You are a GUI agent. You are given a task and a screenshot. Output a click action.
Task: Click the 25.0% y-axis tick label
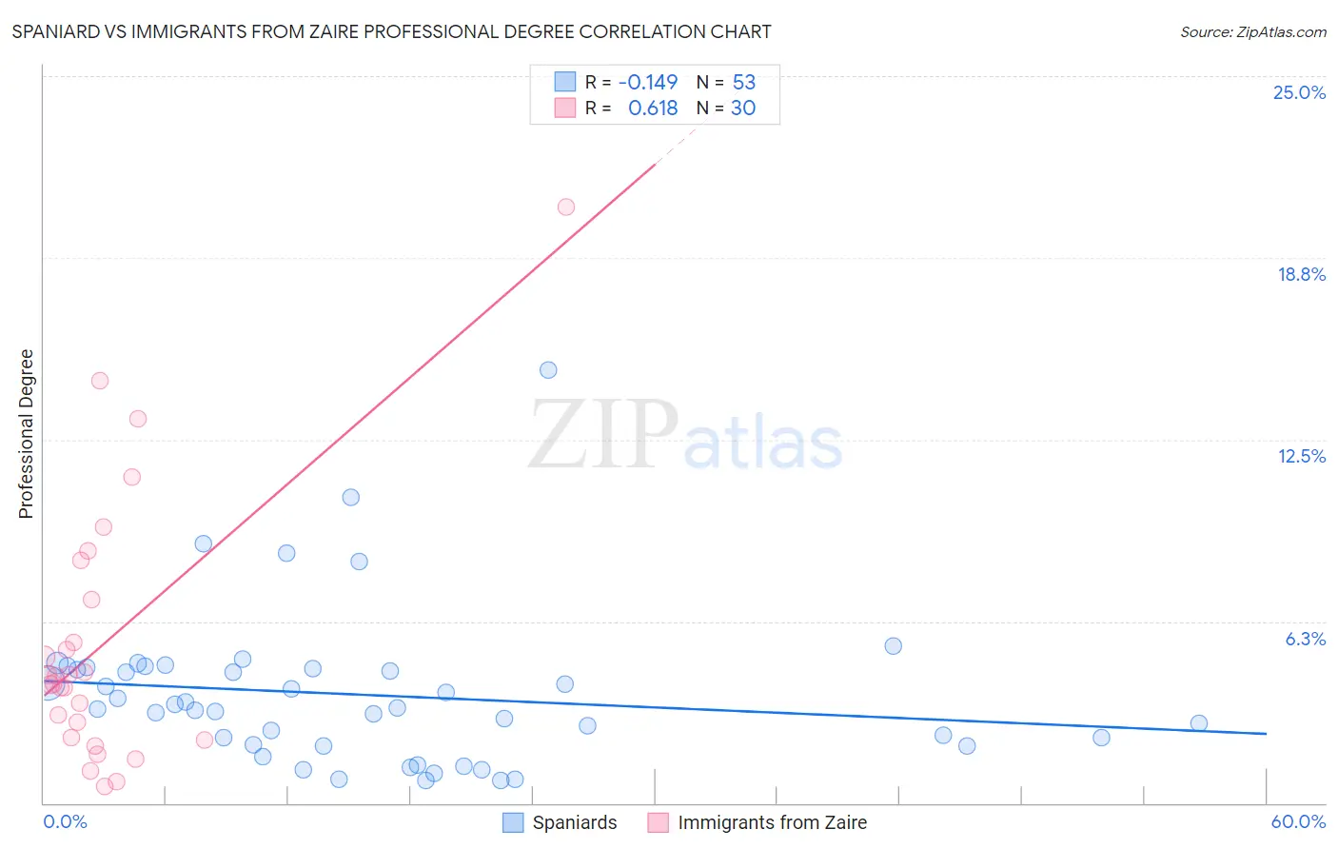point(1299,92)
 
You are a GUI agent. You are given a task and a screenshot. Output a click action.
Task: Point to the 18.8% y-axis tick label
point(1301,274)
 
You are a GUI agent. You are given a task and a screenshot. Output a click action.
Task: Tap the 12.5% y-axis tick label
point(1301,456)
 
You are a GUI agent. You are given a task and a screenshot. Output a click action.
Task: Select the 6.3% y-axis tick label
point(1305,639)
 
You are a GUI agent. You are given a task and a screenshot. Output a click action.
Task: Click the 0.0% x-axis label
point(65,821)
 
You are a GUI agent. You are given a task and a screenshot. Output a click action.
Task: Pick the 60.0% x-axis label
point(1297,821)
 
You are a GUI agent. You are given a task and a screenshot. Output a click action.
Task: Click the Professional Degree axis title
point(26,434)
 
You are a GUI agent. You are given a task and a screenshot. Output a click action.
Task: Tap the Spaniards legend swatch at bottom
point(513,822)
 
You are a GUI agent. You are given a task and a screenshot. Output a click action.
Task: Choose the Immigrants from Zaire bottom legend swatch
point(658,822)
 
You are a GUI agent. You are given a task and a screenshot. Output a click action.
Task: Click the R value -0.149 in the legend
point(647,83)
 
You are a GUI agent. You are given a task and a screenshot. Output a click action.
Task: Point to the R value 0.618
point(653,109)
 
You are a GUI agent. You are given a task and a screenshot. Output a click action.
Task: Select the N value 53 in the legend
point(743,83)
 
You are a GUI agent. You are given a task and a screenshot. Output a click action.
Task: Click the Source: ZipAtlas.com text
point(1252,32)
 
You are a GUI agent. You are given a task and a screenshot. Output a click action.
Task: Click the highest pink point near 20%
point(566,207)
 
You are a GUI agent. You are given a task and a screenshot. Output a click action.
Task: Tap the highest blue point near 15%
point(548,370)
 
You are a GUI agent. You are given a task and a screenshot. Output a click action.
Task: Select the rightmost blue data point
point(1199,723)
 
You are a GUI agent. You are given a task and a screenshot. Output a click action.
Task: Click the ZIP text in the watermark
point(603,435)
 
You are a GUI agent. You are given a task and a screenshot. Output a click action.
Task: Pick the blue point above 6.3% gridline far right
point(893,646)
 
